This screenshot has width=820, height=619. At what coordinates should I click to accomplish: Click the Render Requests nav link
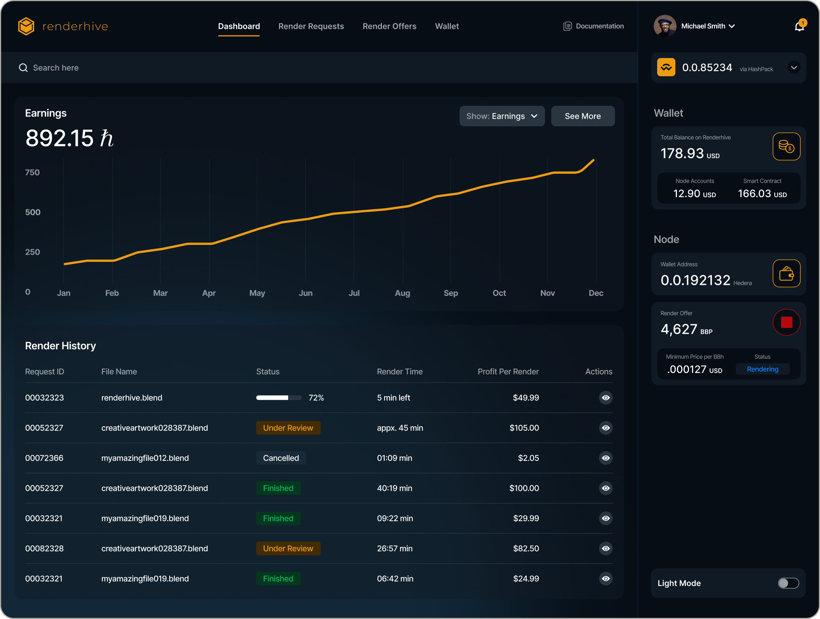[x=311, y=26]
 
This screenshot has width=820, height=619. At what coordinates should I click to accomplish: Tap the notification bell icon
[x=799, y=27]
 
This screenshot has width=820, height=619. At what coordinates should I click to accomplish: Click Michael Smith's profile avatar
[x=665, y=26]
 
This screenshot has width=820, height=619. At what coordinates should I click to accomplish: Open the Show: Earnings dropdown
[x=502, y=116]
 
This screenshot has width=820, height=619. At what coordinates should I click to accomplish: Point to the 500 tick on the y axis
[x=33, y=212]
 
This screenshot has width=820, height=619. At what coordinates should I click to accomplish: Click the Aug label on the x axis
[x=402, y=293]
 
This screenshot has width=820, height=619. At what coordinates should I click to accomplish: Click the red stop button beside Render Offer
[x=786, y=322]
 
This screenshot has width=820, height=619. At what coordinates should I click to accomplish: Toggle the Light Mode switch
[x=788, y=583]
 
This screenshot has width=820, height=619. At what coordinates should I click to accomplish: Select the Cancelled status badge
[x=281, y=458]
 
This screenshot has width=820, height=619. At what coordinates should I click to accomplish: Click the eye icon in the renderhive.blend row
[x=606, y=398]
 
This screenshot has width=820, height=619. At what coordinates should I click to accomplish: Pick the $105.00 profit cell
[x=524, y=428]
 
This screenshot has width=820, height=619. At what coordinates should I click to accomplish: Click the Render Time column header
[x=399, y=372]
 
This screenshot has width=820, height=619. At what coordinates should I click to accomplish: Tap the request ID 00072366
[x=44, y=458]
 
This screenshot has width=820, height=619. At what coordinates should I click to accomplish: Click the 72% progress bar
[x=279, y=398]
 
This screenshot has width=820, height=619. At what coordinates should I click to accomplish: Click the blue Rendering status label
[x=762, y=369]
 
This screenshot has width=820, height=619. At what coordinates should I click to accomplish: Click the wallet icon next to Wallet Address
[x=786, y=273]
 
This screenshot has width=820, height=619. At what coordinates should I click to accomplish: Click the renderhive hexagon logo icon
[x=26, y=26]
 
